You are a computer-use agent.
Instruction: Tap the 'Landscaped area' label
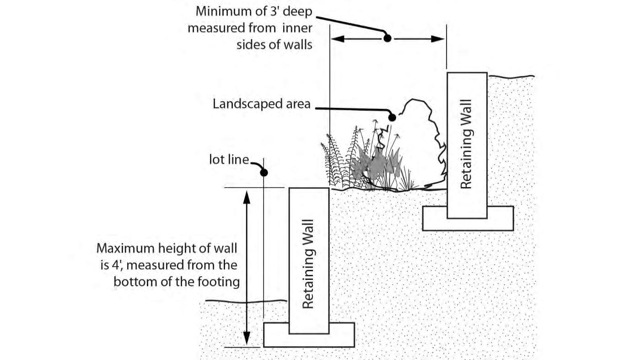(x=261, y=104)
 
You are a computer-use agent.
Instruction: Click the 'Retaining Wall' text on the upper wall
(x=466, y=145)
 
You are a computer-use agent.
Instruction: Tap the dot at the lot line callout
(x=264, y=172)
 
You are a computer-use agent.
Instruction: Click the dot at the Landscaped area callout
(x=392, y=118)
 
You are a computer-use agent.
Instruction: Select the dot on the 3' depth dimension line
(x=387, y=39)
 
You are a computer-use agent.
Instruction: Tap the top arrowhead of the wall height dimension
(x=247, y=195)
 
